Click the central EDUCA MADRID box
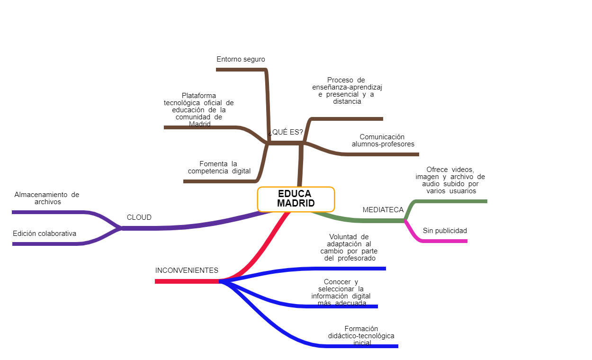(296, 199)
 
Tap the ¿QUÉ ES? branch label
(286, 132)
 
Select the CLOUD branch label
(139, 217)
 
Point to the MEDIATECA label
(383, 210)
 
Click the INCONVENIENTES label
(187, 270)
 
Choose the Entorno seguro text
(241, 59)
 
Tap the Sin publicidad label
(445, 231)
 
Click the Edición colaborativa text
(45, 234)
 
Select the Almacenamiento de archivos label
(47, 198)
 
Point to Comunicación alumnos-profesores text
(383, 140)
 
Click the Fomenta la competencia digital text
(219, 167)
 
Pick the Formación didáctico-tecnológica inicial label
(361, 335)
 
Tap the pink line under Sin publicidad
(445, 241)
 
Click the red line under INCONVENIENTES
(187, 281)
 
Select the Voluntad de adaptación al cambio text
(349, 247)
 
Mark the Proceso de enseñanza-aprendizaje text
(347, 90)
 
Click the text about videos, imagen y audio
(450, 180)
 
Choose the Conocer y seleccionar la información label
(341, 292)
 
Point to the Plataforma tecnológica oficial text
(199, 109)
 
